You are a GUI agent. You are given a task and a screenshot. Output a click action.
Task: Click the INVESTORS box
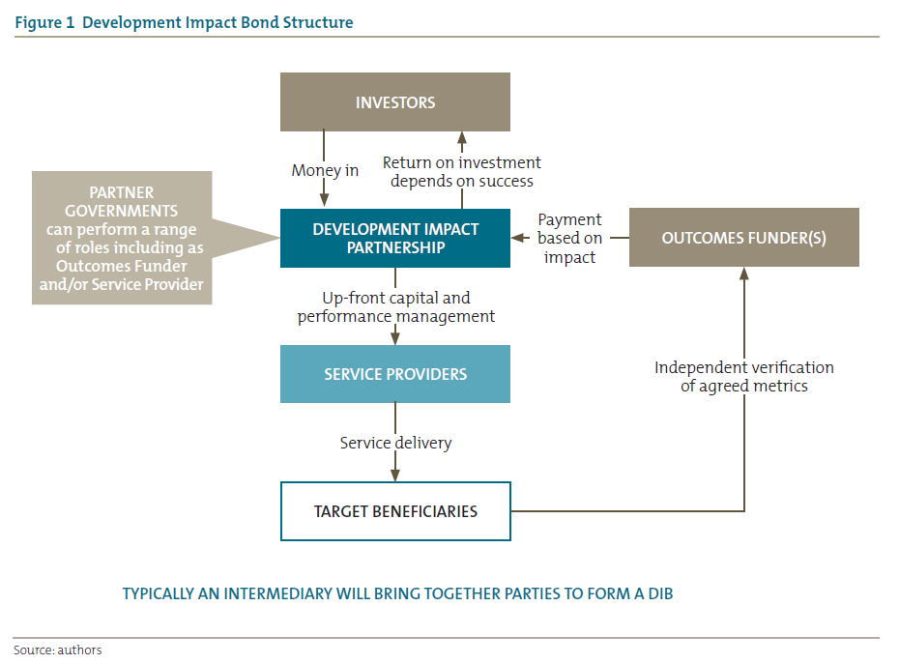coord(394,102)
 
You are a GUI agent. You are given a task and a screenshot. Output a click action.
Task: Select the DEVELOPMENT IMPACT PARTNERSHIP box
coord(394,239)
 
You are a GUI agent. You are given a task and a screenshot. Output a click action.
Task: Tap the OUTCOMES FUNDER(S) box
coord(743,238)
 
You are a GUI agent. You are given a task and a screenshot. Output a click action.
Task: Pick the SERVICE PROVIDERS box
coord(394,374)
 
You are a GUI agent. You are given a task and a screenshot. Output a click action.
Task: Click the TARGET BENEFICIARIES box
coord(394,511)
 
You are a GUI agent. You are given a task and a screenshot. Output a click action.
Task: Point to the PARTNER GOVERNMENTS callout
coord(122,238)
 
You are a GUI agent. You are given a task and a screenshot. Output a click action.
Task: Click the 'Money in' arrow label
coord(325,170)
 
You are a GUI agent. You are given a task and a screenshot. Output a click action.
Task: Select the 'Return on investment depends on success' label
coord(461,171)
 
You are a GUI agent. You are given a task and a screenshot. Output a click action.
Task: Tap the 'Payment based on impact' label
coord(569,238)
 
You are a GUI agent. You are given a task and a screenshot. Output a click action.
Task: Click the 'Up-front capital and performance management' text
coord(395,307)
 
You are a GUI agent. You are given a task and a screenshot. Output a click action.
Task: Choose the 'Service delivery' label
coord(395,443)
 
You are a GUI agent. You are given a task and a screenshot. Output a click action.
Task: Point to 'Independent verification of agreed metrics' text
coord(743,376)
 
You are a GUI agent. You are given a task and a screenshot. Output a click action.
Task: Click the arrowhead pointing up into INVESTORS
coord(462,137)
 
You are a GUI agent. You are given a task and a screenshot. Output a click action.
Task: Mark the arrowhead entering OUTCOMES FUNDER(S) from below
coord(744,274)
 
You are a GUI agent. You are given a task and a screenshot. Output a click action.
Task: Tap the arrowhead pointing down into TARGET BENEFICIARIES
coord(395,475)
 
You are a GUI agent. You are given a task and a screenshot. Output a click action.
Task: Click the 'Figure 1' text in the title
coord(45,22)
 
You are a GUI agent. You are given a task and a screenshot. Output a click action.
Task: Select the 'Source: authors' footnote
coord(57,650)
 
